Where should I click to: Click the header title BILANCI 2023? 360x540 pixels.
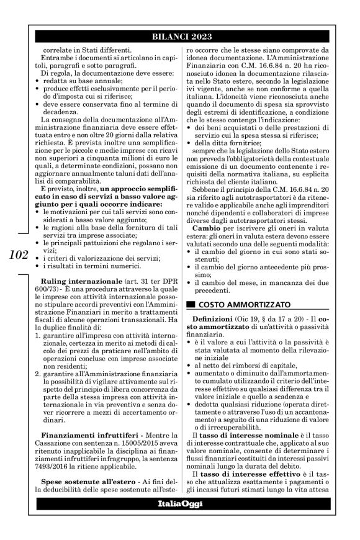tap(179, 37)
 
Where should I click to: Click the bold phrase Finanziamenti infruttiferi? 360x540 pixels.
tap(76, 449)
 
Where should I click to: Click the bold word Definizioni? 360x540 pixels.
tap(217, 318)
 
